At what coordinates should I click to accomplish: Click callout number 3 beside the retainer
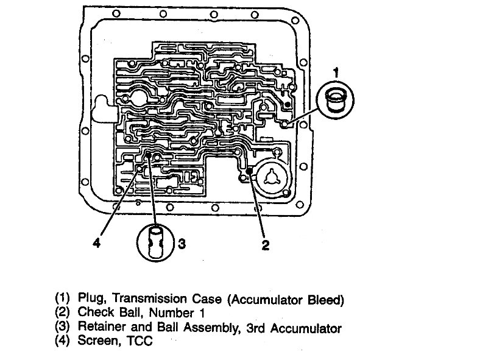click(x=180, y=244)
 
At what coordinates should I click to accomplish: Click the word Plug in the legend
click(x=90, y=299)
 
